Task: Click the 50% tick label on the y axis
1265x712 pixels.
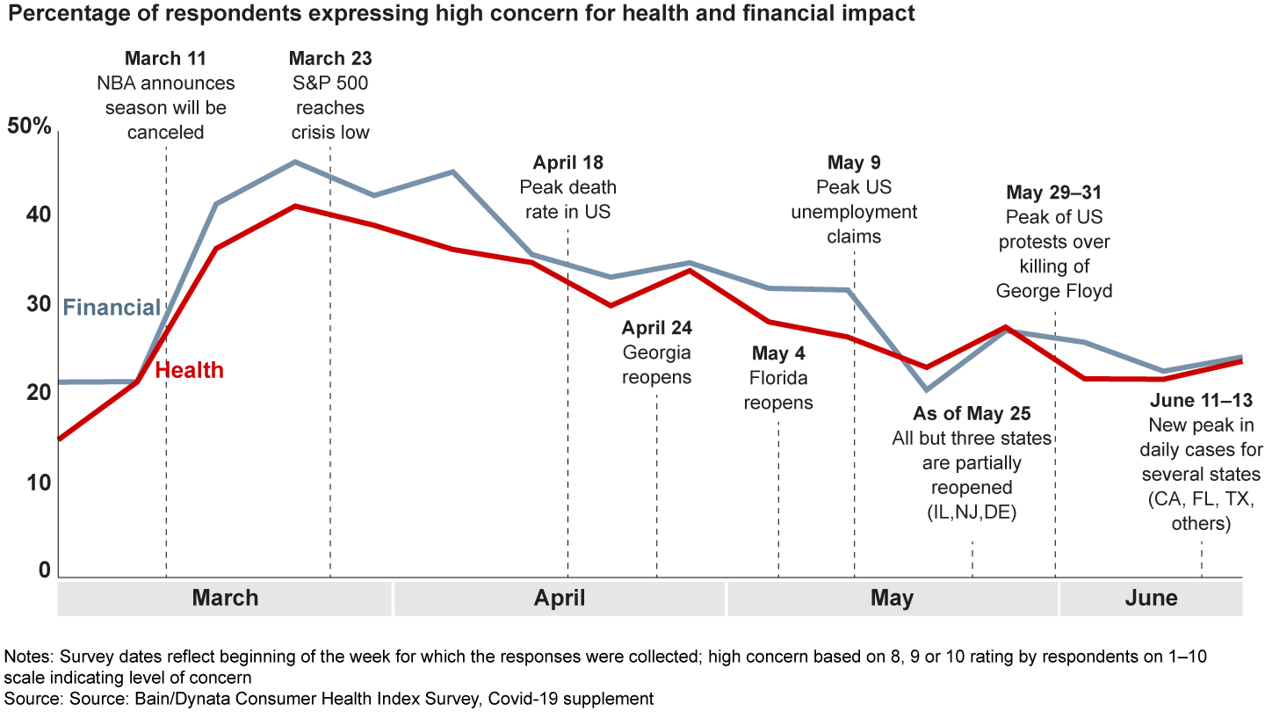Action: coord(29,126)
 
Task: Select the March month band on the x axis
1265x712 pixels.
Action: coord(225,599)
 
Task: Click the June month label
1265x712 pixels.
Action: coord(1151,599)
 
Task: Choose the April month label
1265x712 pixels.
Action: coord(560,599)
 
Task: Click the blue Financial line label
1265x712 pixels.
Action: coord(112,308)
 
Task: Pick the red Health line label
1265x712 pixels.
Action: coord(189,370)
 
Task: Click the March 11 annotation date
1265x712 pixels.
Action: coord(165,59)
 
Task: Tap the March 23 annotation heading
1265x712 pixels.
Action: coord(329,59)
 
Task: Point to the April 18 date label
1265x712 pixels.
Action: coord(567,163)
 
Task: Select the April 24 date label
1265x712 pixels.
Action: coord(656,328)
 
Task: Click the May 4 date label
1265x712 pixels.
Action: coord(777,353)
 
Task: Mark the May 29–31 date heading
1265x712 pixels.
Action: coord(1054,193)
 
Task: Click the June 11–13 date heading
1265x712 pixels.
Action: coord(1201,401)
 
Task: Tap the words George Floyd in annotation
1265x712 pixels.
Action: coord(1054,291)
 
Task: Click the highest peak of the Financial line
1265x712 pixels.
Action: coord(295,162)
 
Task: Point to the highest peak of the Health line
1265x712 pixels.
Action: coord(295,206)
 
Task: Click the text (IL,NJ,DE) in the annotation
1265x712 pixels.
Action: coord(972,512)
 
